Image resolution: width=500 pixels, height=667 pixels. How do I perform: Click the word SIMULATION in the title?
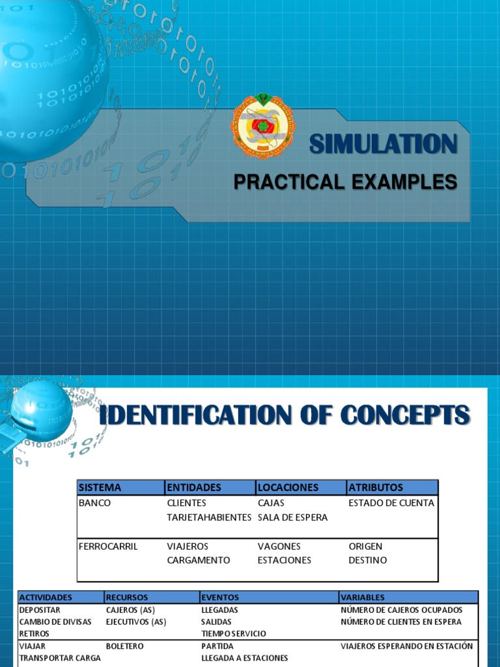click(x=383, y=144)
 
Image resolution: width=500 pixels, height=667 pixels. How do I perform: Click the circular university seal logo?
click(x=263, y=126)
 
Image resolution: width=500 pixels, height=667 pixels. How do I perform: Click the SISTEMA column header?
click(x=100, y=487)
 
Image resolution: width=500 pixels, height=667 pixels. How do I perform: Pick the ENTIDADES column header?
click(x=194, y=487)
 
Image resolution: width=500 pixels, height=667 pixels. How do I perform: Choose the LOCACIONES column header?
click(x=288, y=487)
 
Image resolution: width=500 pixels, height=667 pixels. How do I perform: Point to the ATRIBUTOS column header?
click(x=376, y=487)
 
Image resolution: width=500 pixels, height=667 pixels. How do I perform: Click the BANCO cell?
click(x=94, y=503)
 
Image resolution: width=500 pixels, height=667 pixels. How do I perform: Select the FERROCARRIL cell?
click(x=108, y=546)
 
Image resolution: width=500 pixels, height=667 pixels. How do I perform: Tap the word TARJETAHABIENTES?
click(x=209, y=517)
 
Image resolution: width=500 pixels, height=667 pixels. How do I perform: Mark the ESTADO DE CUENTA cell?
click(x=391, y=503)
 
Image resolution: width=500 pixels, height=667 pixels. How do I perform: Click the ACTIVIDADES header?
click(x=46, y=597)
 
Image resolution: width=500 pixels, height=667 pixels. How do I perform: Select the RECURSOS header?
click(x=127, y=597)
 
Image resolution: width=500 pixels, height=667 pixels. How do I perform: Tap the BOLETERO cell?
click(x=125, y=646)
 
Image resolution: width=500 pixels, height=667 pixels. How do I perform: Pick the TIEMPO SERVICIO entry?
click(x=234, y=634)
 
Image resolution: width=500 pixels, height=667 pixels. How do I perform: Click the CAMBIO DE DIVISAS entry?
click(x=55, y=621)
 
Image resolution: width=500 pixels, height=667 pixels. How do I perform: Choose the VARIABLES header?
click(x=363, y=597)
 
